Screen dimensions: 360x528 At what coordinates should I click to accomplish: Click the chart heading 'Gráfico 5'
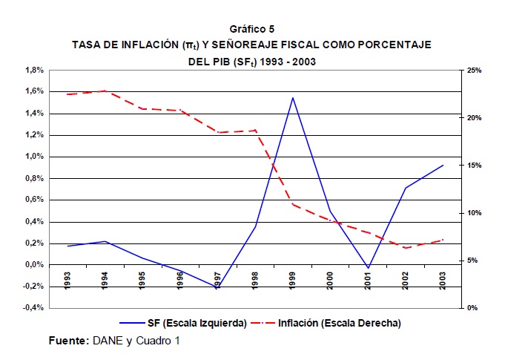(x=251, y=29)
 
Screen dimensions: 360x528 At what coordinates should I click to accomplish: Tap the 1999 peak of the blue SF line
(x=293, y=98)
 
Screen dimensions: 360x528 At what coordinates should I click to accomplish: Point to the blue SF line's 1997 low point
(x=217, y=288)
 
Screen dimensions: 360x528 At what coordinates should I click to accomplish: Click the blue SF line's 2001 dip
(x=368, y=268)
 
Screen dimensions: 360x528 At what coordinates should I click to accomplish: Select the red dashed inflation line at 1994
(x=105, y=91)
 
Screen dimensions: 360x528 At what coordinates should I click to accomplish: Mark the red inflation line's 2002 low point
(x=406, y=248)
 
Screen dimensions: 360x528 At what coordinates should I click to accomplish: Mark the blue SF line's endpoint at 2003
(x=443, y=165)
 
